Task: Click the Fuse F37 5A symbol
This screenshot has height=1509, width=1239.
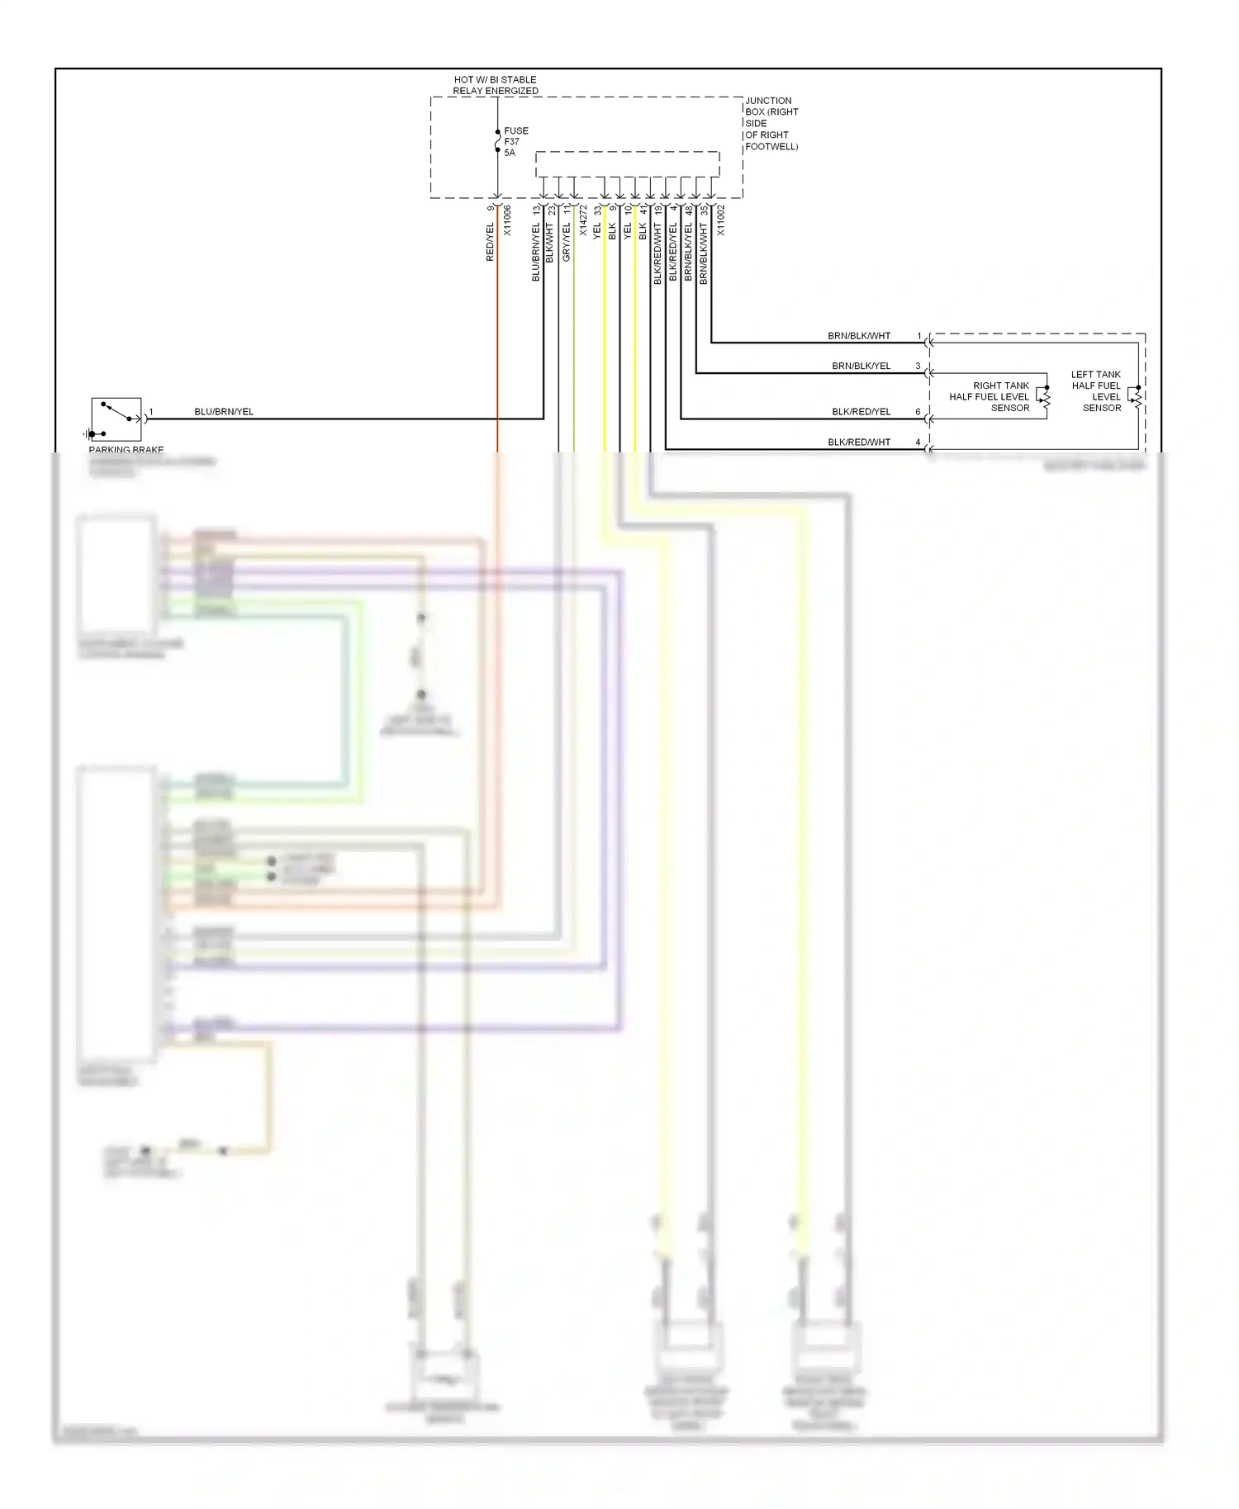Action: coord(498,142)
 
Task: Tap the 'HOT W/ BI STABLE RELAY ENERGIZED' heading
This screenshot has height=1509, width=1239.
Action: coord(496,85)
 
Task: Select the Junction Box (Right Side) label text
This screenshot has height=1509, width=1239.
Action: coord(771,123)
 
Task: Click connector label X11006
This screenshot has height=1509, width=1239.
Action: coord(507,220)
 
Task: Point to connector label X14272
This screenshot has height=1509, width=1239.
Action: coord(582,220)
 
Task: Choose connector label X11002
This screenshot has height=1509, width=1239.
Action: coord(720,220)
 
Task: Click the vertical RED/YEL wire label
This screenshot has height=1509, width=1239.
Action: coord(490,242)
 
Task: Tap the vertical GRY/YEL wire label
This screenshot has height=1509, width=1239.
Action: coord(567,242)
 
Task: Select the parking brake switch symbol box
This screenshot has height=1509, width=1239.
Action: coord(116,419)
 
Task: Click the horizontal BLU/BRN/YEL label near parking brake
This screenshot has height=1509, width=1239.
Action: coord(224,411)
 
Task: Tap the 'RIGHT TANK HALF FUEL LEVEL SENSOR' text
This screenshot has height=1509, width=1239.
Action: coord(990,396)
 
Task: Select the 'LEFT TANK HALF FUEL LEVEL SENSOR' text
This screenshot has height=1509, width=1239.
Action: coord(1097,390)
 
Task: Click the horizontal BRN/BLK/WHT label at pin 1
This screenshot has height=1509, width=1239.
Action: coord(859,336)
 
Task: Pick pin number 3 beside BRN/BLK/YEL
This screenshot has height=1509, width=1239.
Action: coord(918,366)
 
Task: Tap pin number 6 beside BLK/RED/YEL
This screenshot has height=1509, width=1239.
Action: coord(918,411)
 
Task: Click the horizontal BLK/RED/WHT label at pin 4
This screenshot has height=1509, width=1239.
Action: coord(859,442)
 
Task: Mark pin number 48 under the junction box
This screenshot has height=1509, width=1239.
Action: coord(689,211)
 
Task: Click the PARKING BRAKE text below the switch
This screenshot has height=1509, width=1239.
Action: coord(126,450)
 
